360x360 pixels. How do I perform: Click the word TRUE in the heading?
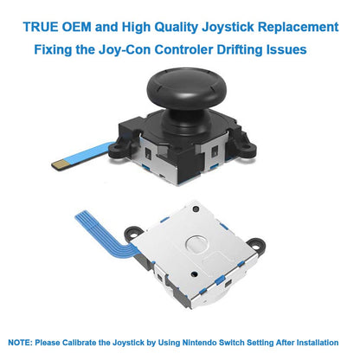41,27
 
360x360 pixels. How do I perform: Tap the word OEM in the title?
77,27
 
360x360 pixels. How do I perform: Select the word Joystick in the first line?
228,28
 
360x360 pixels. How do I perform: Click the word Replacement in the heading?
298,28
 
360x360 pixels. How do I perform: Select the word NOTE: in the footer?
20,343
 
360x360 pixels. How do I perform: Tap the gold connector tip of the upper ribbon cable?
61,165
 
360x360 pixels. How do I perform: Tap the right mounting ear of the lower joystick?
256,246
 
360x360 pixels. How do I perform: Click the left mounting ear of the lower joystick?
133,234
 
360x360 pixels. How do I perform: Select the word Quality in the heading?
176,28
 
